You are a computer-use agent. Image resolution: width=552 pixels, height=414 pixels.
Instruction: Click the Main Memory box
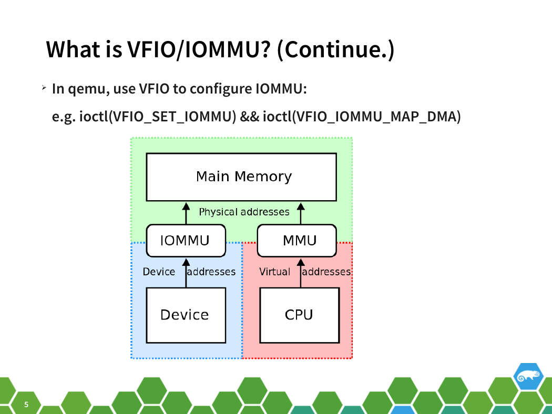click(241, 177)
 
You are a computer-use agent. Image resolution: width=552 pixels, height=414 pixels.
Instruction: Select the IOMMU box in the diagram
click(186, 241)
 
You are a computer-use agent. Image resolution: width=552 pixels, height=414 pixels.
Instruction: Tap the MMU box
click(297, 241)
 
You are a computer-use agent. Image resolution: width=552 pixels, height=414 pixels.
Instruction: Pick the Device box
click(186, 315)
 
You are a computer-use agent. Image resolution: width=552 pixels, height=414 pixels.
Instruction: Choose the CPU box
click(300, 315)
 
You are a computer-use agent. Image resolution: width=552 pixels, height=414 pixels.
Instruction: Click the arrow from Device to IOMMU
click(186, 273)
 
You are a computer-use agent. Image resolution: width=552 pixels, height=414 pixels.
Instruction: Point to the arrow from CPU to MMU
click(301, 273)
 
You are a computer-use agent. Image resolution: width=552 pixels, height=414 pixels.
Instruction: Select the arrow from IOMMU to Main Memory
click(186, 213)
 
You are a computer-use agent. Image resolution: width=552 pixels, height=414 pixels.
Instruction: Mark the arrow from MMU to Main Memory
click(301, 213)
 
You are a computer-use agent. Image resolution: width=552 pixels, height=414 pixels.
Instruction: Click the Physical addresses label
click(244, 212)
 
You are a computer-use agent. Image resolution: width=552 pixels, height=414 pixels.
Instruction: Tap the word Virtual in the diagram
click(274, 272)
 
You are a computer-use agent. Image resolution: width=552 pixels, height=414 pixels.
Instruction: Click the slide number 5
click(26, 405)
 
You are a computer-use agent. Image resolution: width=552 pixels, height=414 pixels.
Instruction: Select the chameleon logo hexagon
click(528, 376)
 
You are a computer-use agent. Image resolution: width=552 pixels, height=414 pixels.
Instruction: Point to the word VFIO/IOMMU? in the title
click(199, 49)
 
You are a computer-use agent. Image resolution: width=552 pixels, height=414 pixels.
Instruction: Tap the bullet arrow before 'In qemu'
click(44, 88)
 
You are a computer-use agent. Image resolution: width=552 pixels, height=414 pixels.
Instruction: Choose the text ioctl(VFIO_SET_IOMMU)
click(158, 117)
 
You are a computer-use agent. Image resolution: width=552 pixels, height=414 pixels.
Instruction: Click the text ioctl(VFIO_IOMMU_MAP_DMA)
click(362, 117)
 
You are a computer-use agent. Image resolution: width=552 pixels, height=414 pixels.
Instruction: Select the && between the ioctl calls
click(250, 117)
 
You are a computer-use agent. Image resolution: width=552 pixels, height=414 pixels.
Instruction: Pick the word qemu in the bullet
click(88, 89)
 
